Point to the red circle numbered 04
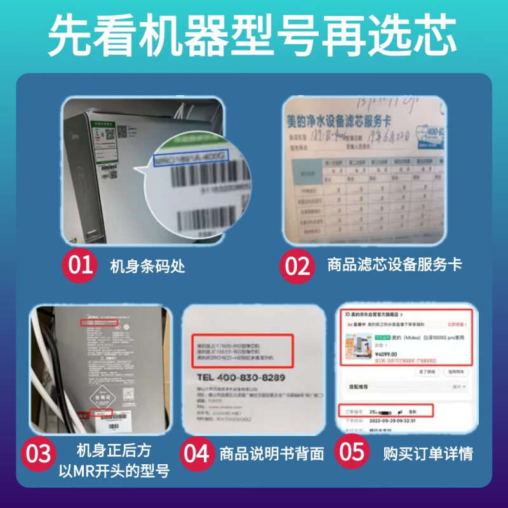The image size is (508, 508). (197, 454)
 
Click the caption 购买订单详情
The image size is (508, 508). (428, 454)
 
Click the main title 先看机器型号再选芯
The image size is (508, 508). (253, 36)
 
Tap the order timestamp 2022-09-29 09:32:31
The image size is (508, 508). (394, 420)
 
